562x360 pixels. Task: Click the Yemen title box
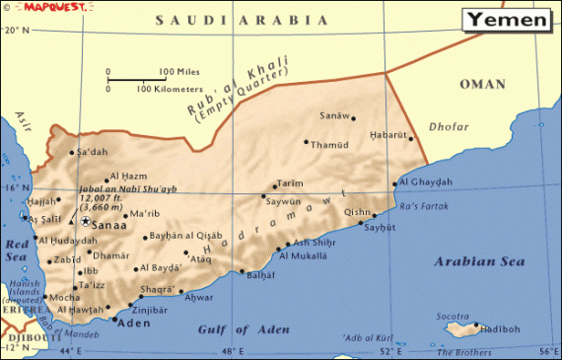pos(505,18)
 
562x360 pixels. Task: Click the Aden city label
pos(133,322)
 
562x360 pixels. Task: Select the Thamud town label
pos(329,144)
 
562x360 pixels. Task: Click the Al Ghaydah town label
pos(428,181)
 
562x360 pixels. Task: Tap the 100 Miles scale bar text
pos(180,71)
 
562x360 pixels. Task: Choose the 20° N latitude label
pos(17,31)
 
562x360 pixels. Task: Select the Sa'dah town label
pos(92,152)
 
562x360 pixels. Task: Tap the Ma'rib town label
pos(144,213)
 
